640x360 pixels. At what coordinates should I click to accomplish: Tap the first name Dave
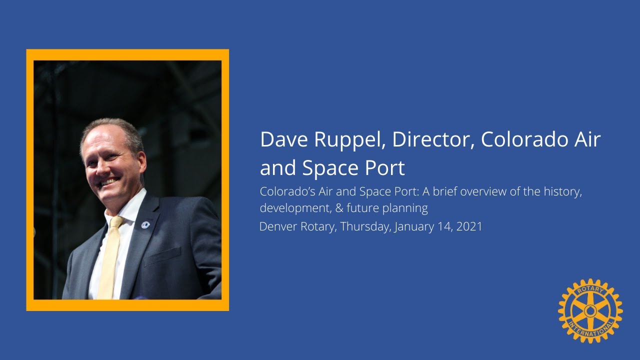pos(283,140)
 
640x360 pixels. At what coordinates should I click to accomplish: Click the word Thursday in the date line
pos(365,226)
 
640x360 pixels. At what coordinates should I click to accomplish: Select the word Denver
pos(278,226)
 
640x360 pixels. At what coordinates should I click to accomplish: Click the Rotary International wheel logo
pos(590,311)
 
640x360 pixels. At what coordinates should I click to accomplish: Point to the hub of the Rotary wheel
pos(590,311)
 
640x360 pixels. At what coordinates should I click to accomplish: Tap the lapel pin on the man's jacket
pos(145,223)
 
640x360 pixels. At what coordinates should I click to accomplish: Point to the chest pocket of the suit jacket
pos(162,255)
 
